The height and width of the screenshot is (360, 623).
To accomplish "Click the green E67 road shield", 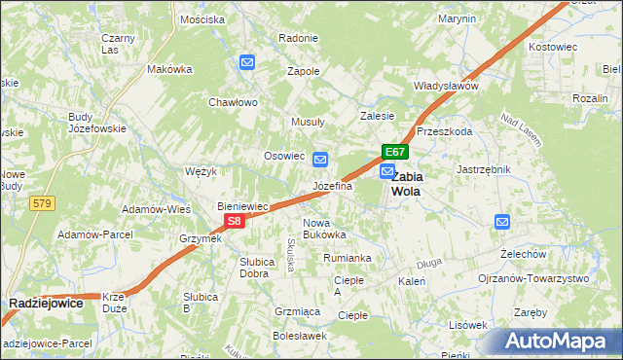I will (393, 152).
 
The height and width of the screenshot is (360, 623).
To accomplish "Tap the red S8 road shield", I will (234, 222).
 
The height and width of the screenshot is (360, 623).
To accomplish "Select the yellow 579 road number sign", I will (41, 203).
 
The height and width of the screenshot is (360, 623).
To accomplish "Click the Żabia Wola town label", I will (406, 184).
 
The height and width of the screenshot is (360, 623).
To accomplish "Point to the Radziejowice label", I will (46, 304).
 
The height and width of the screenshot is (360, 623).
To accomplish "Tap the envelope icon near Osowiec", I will (319, 160).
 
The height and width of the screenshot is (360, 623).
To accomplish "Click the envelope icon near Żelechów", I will (502, 222).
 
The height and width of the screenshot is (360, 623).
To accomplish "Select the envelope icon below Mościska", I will (247, 63).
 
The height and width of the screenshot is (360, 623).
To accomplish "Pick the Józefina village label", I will (332, 186).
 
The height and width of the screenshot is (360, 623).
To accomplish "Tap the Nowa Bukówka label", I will (324, 229).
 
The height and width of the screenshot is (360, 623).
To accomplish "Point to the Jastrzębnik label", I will (484, 169).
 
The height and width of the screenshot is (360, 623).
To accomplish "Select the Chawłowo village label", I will (232, 102).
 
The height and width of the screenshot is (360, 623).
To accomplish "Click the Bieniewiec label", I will (242, 206).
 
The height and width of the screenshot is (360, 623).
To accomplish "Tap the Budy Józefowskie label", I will (93, 123).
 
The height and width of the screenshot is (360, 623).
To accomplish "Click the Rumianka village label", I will (348, 258).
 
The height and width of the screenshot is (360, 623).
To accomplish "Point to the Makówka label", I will (169, 70).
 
